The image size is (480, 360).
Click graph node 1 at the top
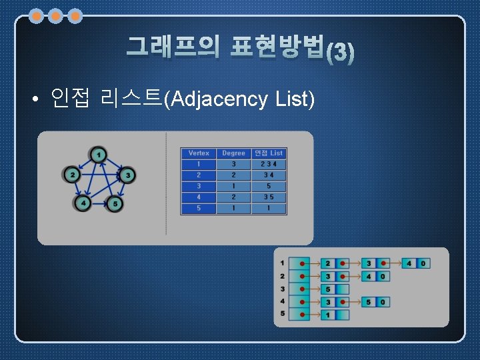[x=99, y=155]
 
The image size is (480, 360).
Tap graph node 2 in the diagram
[x=72, y=175]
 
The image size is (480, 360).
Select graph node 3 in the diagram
[x=127, y=175]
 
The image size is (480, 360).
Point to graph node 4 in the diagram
[x=83, y=202]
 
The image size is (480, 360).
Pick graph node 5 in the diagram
[x=115, y=202]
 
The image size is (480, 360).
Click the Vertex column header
[x=199, y=153]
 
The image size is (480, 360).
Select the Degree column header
[x=233, y=153]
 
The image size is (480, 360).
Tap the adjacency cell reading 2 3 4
[x=269, y=164]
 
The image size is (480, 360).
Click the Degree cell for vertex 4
[x=233, y=197]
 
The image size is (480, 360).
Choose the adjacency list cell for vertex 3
[x=269, y=186]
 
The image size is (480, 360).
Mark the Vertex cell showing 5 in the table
[x=199, y=208]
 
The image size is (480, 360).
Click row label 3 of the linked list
[x=283, y=289]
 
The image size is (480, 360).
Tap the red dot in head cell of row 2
[x=302, y=277]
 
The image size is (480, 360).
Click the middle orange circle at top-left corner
[x=56, y=15]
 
